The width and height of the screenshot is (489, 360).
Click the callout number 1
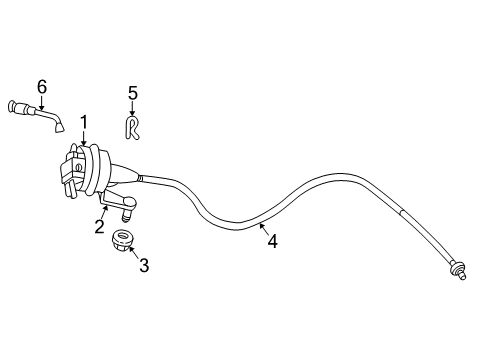[85, 122]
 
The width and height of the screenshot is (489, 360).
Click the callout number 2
[100, 227]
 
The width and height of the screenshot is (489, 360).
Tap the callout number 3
[144, 265]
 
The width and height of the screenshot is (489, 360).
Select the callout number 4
[272, 240]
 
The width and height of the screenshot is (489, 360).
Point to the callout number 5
[132, 94]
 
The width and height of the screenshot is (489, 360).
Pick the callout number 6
[42, 87]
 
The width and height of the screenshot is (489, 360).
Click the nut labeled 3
[123, 242]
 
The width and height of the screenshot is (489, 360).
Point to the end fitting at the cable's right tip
[459, 270]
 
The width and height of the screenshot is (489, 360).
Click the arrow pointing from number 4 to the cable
[262, 229]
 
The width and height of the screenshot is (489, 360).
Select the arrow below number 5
[132, 109]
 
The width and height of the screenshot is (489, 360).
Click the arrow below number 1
[82, 138]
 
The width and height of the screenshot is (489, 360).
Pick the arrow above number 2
[104, 212]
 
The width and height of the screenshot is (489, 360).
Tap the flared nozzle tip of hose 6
[62, 127]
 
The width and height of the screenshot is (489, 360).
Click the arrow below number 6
[43, 101]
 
